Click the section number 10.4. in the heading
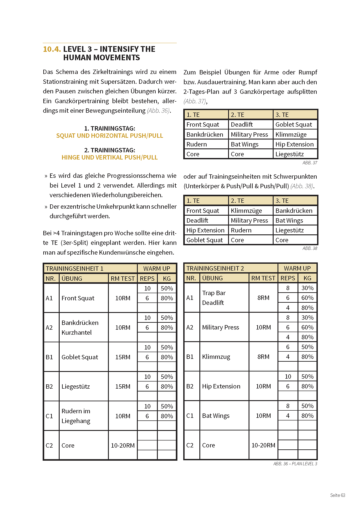coord(52,49)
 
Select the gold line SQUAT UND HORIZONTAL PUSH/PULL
coord(109,136)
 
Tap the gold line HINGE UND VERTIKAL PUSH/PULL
coord(109,157)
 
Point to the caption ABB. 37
coord(310,163)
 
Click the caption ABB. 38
coord(310,248)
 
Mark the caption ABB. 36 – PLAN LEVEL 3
coord(295,464)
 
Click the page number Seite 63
coord(337,495)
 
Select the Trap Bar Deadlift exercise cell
coord(214,298)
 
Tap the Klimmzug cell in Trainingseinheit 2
coord(216,357)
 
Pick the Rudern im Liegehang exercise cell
coord(76,416)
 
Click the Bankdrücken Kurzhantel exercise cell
coord(80,327)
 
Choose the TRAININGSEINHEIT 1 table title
coord(75,269)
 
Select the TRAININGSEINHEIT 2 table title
coord(215,268)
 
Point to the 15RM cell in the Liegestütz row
coord(123,387)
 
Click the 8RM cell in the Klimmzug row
coord(263,357)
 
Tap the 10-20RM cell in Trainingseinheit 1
coord(123,446)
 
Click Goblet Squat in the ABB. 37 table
coord(294,124)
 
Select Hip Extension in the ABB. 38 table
coord(205,230)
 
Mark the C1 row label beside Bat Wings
coord(190,416)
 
